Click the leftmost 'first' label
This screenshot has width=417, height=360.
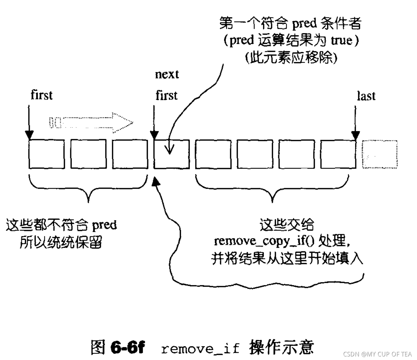(x=42, y=95)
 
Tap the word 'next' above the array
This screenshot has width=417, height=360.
(x=167, y=74)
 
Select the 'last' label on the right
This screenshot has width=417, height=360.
(x=366, y=96)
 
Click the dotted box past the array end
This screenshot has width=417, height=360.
(x=380, y=154)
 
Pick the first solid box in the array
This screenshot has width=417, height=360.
(x=46, y=154)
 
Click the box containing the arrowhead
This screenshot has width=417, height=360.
(x=171, y=154)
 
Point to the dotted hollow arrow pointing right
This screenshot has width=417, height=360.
(x=91, y=123)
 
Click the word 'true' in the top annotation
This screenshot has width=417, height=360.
(x=341, y=41)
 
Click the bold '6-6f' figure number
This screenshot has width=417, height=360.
(x=127, y=348)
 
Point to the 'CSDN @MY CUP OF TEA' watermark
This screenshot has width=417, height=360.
(x=377, y=354)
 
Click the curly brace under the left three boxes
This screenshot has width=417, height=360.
(x=88, y=188)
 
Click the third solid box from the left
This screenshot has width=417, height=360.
(x=130, y=154)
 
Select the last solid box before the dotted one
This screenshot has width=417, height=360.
(x=338, y=154)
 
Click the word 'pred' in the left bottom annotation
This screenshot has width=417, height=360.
(x=104, y=225)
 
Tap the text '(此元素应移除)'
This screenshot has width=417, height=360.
(x=291, y=58)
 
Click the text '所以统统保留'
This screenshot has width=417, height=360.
(x=61, y=242)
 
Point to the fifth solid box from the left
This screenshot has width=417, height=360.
(x=213, y=154)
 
